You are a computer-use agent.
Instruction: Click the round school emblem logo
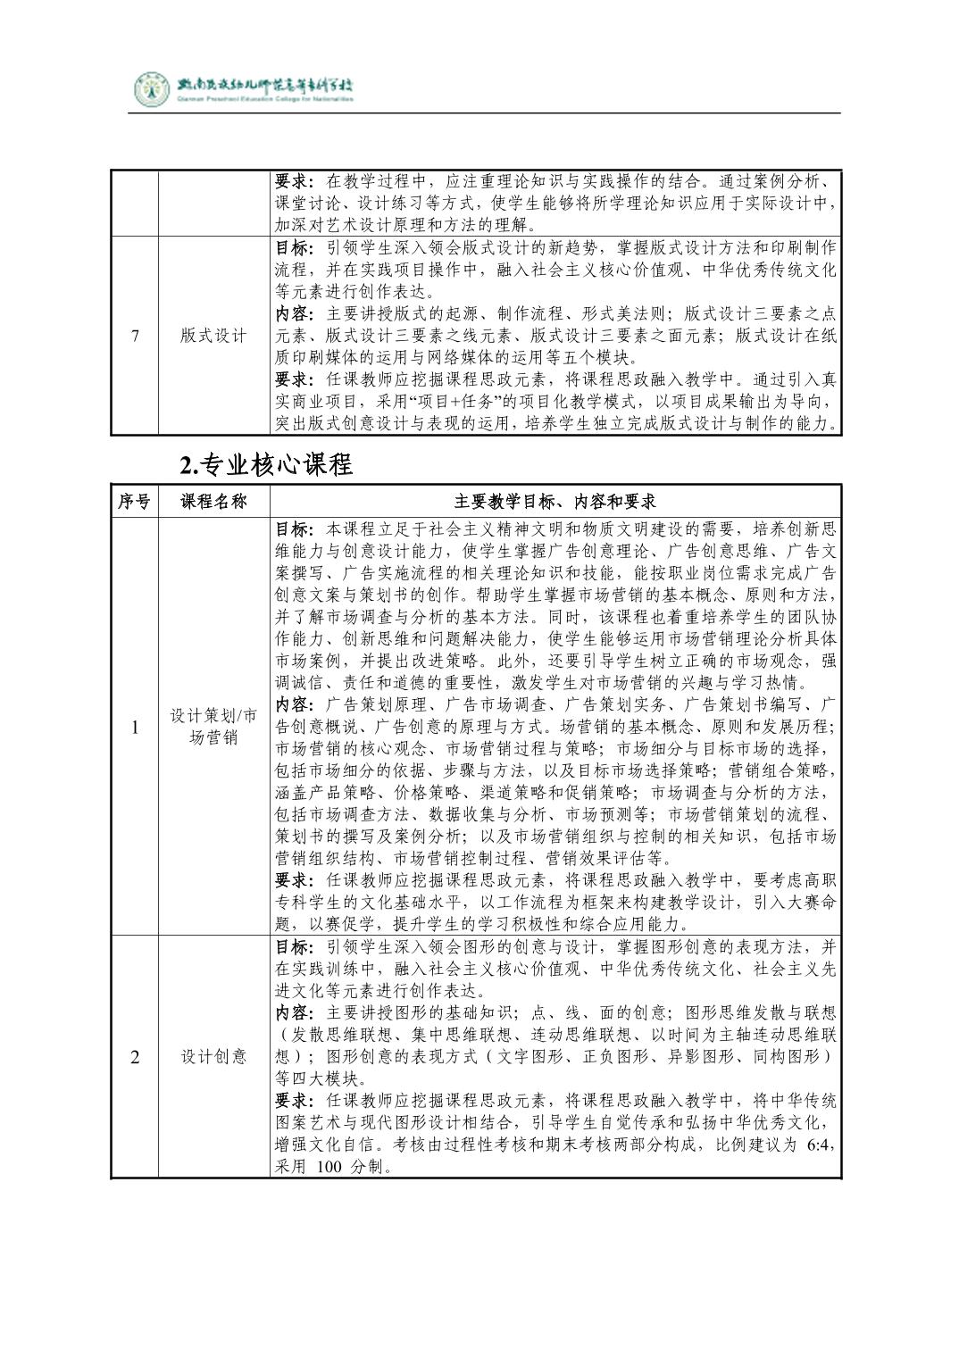(x=151, y=89)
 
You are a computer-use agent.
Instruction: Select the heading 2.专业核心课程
(x=266, y=464)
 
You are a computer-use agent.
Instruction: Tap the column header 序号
(x=134, y=502)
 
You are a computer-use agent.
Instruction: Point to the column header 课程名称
(x=213, y=502)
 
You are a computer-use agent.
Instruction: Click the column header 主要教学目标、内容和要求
(x=555, y=502)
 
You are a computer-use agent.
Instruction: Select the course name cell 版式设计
(x=213, y=336)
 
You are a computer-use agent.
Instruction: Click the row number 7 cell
(x=135, y=336)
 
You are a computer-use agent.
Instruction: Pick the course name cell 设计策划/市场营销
(x=213, y=727)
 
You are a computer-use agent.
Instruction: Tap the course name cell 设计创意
(x=213, y=1057)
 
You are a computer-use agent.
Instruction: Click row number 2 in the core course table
(x=135, y=1057)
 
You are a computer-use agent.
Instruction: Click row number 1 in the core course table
(x=135, y=727)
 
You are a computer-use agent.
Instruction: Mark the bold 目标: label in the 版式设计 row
(x=293, y=247)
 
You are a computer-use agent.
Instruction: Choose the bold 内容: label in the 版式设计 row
(x=293, y=314)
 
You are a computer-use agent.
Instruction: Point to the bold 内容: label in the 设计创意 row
(x=293, y=1012)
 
